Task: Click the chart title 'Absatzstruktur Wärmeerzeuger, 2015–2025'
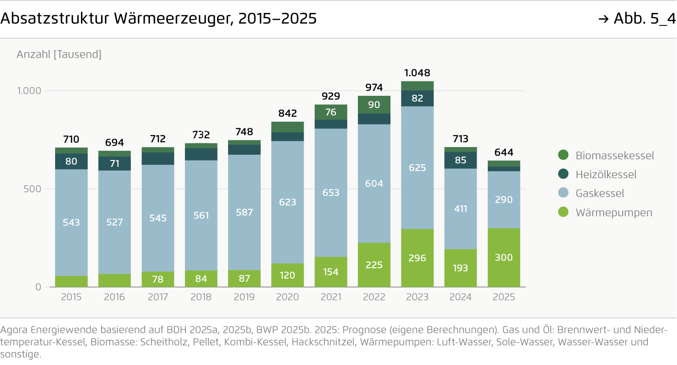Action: (x=158, y=19)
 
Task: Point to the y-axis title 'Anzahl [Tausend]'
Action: (x=59, y=55)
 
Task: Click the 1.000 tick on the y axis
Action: (x=29, y=91)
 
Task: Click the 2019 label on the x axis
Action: (x=244, y=297)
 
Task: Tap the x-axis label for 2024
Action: (x=460, y=297)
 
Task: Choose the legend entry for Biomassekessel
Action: (x=614, y=156)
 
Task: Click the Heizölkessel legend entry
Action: (x=606, y=174)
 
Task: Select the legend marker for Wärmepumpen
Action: (x=563, y=212)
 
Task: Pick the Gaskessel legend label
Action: (x=600, y=194)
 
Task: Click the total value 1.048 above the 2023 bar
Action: (x=417, y=73)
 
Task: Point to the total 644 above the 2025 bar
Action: (x=504, y=153)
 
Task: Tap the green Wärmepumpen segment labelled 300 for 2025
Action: (x=504, y=258)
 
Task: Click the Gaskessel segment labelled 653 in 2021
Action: (x=331, y=193)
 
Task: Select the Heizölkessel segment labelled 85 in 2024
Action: (x=460, y=160)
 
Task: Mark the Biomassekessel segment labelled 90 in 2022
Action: (x=374, y=104)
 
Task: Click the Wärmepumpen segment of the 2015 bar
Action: (x=71, y=282)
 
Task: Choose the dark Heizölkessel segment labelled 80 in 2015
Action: (x=71, y=161)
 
